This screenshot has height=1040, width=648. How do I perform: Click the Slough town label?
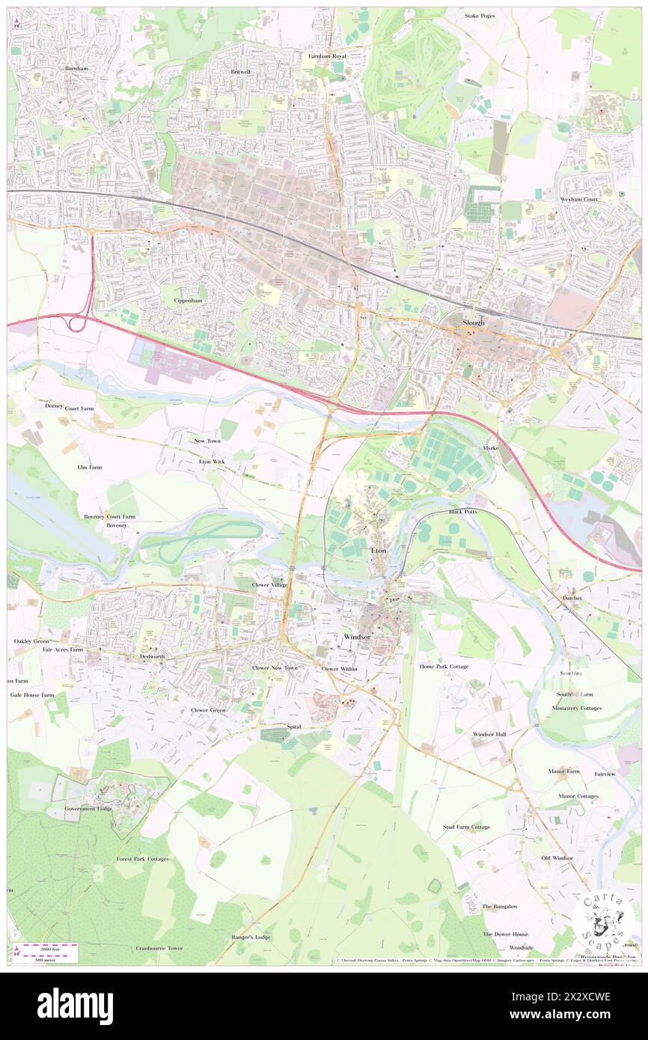pos(474,322)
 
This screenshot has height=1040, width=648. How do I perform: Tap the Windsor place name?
pos(356,636)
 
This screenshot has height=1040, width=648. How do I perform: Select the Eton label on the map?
pos(379,551)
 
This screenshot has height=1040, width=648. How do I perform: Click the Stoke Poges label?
pos(480,15)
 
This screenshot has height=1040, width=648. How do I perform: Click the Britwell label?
pos(240,72)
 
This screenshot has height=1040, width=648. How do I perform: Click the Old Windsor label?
pos(557,857)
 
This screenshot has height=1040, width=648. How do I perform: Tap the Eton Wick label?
pos(212,462)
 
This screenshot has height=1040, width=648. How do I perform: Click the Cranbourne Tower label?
pos(159,948)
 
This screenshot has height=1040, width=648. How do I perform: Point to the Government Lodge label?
pos(88,809)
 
